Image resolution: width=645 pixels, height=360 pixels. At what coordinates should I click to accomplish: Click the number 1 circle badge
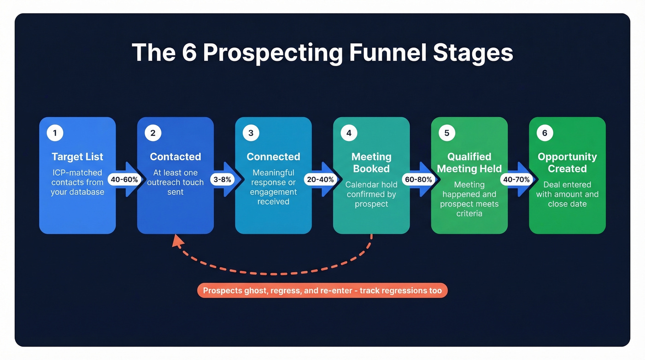click(55, 133)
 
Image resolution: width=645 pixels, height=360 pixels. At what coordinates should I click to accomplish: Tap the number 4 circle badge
click(349, 133)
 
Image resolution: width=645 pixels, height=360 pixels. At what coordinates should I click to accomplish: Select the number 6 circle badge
click(545, 133)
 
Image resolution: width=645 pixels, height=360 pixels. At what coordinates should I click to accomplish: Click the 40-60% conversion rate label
click(124, 179)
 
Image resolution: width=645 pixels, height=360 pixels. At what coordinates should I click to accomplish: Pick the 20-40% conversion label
click(320, 179)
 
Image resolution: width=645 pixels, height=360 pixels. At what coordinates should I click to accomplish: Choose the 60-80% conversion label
click(418, 179)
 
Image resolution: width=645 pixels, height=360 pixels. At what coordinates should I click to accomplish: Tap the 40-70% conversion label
click(516, 179)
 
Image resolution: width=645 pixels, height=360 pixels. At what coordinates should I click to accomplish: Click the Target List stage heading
click(77, 157)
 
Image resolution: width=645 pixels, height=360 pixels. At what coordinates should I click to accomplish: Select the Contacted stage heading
click(176, 157)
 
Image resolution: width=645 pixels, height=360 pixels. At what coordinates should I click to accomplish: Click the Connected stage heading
click(273, 157)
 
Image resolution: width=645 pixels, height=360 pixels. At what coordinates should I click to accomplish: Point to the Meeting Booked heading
click(371, 163)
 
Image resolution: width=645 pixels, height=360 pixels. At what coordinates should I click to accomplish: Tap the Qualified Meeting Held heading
click(469, 163)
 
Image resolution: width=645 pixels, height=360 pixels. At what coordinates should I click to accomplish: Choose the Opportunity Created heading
click(567, 163)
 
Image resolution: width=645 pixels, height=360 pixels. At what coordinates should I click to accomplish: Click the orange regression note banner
click(322, 290)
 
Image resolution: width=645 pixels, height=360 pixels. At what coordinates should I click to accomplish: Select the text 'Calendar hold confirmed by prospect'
click(371, 194)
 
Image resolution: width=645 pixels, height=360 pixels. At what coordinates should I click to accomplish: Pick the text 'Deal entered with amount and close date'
click(567, 194)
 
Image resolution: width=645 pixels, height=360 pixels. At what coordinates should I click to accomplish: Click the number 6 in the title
click(189, 53)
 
